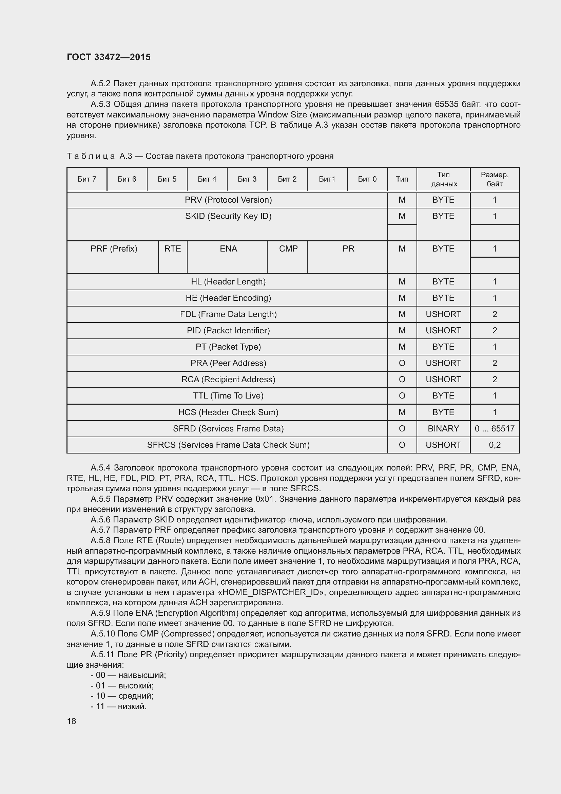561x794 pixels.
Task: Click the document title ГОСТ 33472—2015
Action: point(109,57)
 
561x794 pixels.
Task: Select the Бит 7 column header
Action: point(87,179)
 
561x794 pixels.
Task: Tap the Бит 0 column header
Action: point(367,179)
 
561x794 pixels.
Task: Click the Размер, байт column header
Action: point(494,179)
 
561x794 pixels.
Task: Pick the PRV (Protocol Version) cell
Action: point(228,200)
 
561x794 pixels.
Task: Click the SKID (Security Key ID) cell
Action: point(228,216)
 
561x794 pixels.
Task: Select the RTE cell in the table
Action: point(172,248)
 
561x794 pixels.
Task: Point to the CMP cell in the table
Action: point(288,248)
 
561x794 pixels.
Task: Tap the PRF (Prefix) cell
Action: point(114,248)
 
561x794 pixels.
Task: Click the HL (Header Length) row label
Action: point(228,281)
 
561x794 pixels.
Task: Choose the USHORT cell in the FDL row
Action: point(443,314)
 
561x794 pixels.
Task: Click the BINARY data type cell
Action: point(443,428)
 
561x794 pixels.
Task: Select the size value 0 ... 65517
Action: point(494,428)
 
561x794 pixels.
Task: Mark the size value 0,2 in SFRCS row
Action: point(494,445)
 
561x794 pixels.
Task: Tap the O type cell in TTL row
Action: point(402,395)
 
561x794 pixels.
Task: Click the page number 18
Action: point(72,721)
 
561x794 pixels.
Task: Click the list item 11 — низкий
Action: point(119,706)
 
